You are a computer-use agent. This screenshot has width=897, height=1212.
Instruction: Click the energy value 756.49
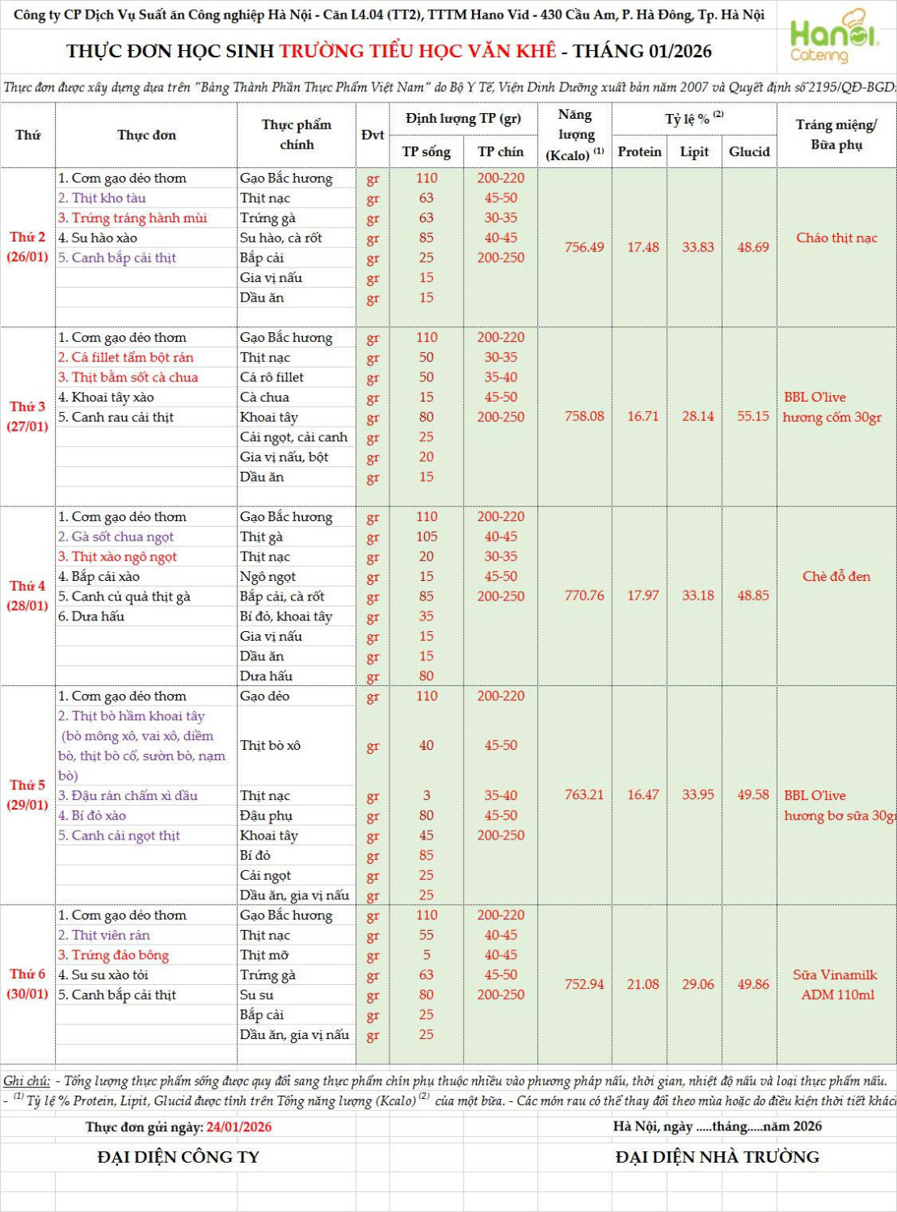584,247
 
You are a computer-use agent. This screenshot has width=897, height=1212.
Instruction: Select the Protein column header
639,152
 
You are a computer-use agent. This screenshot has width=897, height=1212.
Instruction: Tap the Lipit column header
694,152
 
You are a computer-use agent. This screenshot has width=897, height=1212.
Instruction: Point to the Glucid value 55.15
752,416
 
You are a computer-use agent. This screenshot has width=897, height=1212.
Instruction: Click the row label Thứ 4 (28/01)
27,595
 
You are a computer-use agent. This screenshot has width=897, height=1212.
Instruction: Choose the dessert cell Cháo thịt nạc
836,238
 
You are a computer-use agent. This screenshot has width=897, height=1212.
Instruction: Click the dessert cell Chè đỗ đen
836,576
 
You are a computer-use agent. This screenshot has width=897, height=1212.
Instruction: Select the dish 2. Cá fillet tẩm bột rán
126,357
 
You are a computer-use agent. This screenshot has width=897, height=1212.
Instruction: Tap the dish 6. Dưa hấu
91,617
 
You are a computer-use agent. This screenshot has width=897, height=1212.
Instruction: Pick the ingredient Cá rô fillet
272,377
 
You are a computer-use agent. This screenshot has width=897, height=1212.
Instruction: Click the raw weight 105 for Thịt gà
427,537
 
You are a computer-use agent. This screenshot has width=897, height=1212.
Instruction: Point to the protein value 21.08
643,984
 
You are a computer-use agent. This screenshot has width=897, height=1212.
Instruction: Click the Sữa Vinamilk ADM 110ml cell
836,985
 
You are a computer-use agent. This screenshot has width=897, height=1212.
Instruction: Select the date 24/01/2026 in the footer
239,1127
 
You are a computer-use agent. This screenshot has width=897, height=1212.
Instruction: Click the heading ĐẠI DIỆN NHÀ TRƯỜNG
717,1157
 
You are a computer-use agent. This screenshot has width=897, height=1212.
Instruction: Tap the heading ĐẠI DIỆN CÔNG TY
179,1157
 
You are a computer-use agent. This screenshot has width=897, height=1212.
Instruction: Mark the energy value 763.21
584,795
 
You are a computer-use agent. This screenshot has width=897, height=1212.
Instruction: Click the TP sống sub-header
427,152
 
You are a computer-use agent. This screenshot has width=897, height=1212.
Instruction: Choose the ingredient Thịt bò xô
271,746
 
